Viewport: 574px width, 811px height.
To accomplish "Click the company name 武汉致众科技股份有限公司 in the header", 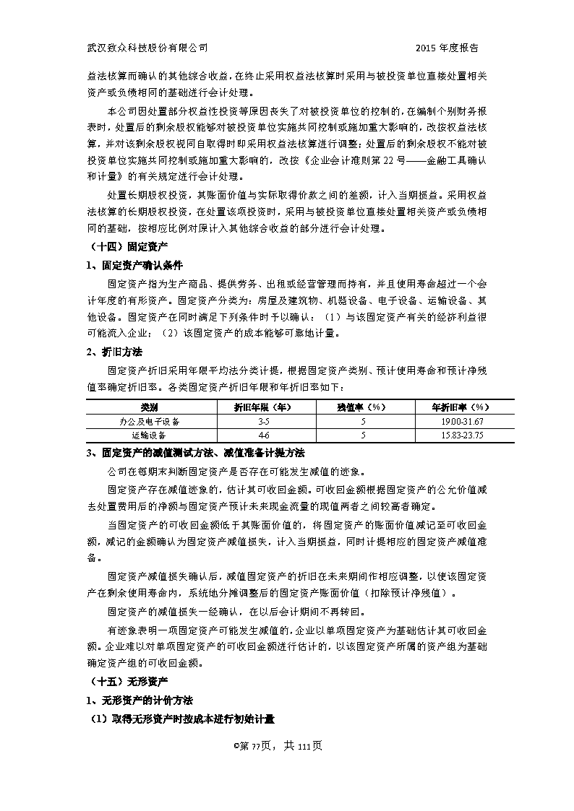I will [x=147, y=48].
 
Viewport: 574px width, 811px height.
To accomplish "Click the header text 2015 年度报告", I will [x=447, y=48].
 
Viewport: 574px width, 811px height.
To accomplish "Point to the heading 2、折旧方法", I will [x=114, y=352].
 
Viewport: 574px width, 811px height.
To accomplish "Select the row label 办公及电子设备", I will [x=150, y=421].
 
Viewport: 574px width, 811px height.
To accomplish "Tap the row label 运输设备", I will [x=150, y=435].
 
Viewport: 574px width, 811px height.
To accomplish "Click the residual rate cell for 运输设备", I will [x=354, y=435].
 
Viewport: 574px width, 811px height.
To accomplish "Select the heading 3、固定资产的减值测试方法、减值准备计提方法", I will [x=194, y=453].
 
